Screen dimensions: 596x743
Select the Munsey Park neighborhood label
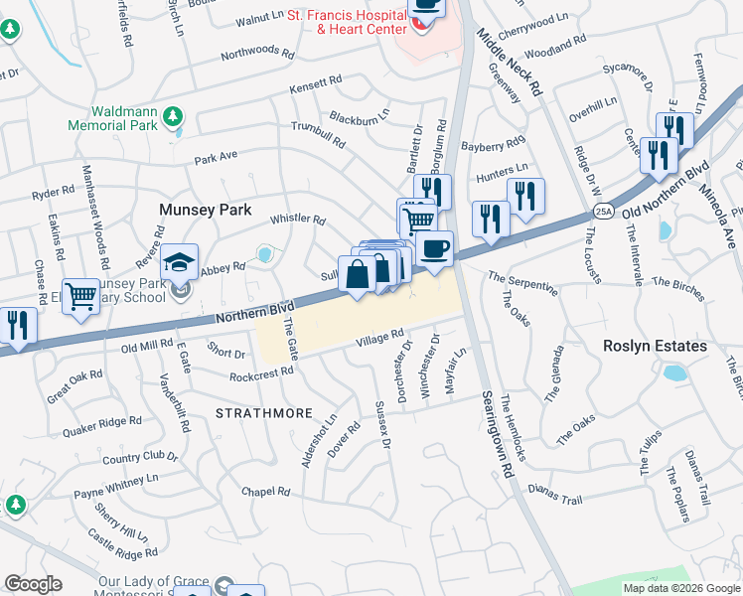click(x=207, y=211)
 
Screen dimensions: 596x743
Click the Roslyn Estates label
click(x=655, y=346)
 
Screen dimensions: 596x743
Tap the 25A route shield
click(x=603, y=212)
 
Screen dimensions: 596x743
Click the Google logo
click(x=33, y=584)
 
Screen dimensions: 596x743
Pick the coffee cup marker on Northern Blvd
click(x=435, y=247)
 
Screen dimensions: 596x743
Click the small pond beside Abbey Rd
click(x=265, y=255)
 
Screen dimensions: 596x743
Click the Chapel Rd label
click(x=265, y=492)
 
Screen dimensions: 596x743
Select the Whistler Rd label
click(x=298, y=220)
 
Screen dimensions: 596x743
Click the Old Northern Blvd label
click(x=668, y=192)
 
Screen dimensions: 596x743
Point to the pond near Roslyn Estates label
click(x=675, y=374)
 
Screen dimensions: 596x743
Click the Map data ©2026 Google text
click(x=681, y=588)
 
